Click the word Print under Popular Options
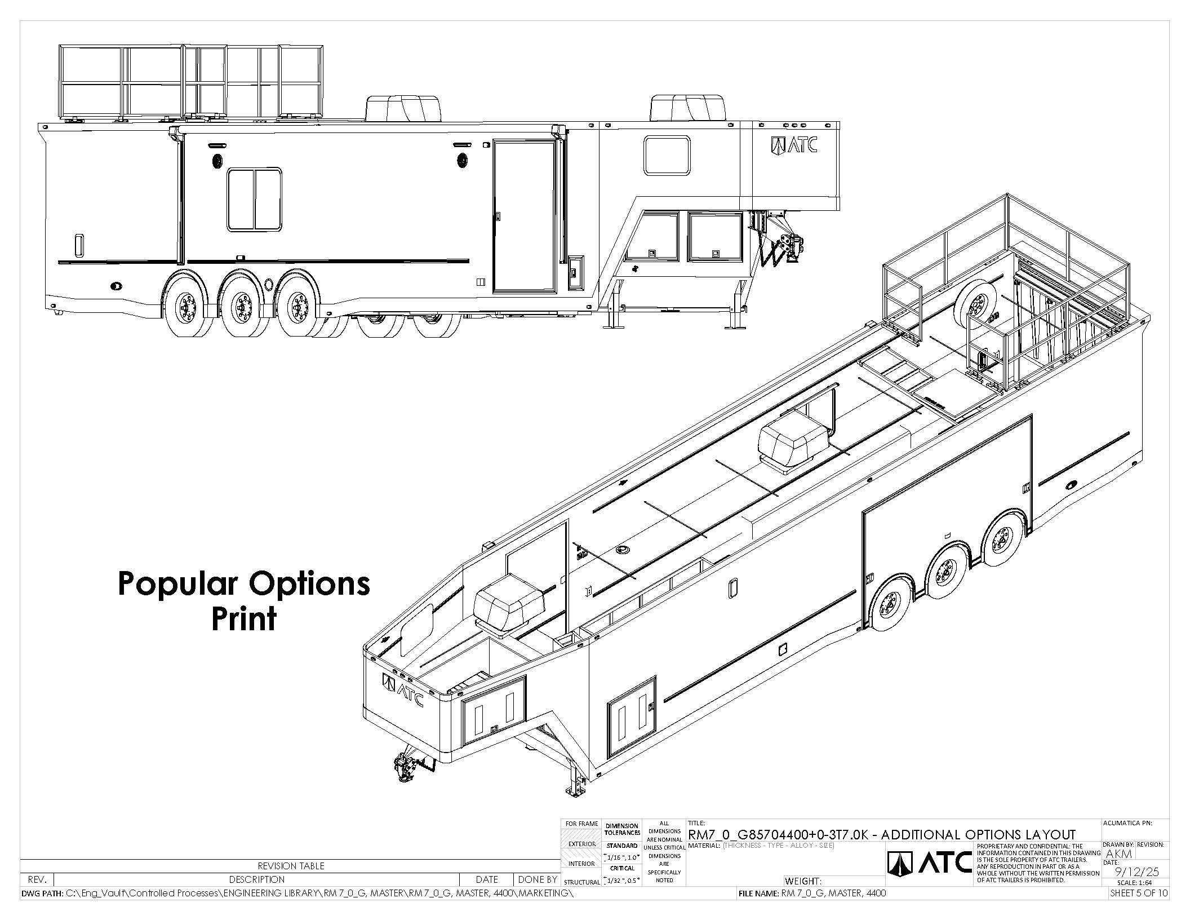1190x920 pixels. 244,619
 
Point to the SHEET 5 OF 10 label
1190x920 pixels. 1138,893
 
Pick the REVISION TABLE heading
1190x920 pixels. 291,866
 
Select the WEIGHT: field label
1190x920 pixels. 803,881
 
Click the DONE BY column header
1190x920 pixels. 538,879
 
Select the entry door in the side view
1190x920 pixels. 524,217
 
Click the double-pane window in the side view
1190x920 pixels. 255,200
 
